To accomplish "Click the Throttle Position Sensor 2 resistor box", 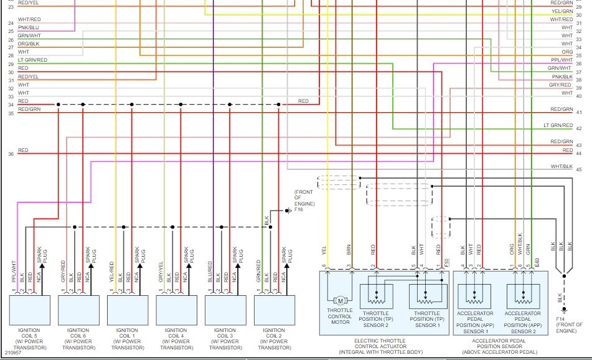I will (x=376, y=296).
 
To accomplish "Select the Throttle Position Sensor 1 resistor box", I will (x=426, y=296).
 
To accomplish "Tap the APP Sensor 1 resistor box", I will (x=474, y=296).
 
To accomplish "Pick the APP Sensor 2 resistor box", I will (x=523, y=296).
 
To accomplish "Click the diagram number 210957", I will (x=13, y=353).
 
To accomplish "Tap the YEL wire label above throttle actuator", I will (x=324, y=251).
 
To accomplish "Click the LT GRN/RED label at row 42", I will (x=557, y=125).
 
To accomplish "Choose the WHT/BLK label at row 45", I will (x=561, y=166).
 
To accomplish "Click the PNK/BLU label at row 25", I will (x=29, y=28).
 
